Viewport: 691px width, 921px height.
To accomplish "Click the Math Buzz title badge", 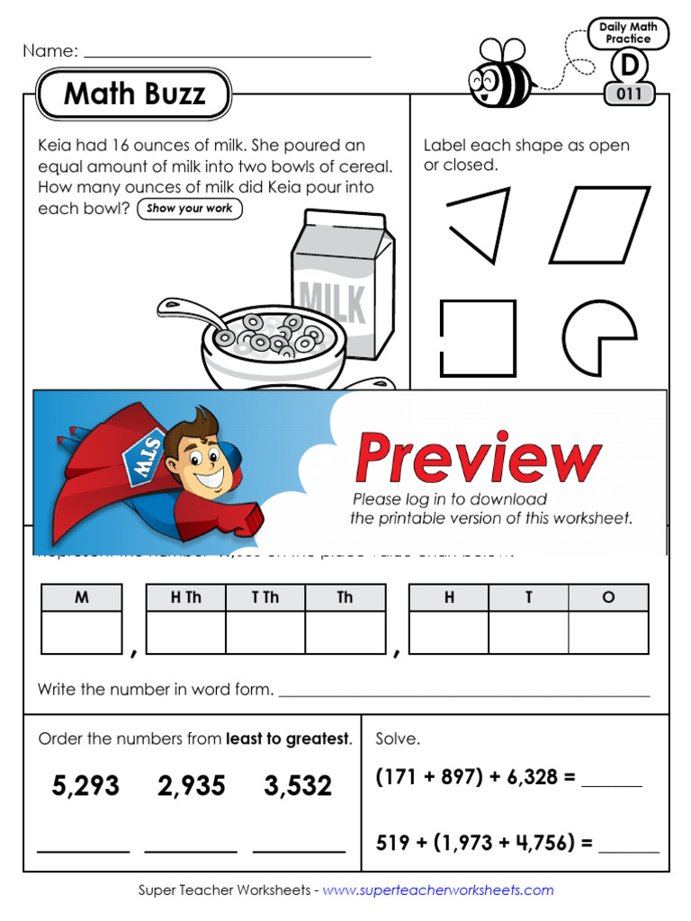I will coord(134,94).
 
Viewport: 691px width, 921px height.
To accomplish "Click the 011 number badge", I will coord(629,94).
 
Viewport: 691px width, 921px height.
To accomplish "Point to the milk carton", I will coord(343,284).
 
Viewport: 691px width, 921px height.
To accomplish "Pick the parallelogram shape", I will coord(599,225).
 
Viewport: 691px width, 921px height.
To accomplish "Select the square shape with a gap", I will coord(478,338).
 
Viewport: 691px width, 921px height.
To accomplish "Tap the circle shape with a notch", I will coord(596,338).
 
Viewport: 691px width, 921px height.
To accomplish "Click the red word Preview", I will coord(478,458).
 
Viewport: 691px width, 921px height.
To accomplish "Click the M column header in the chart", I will coord(82,597).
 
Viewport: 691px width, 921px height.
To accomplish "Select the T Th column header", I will coord(265,597).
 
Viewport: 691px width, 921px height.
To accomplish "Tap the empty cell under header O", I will coord(608,632).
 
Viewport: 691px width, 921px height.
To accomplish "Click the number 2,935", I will coord(191,786).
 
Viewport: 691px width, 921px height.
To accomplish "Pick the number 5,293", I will coord(85,786).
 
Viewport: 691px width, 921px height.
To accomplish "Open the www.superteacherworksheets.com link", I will coord(438,890).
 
